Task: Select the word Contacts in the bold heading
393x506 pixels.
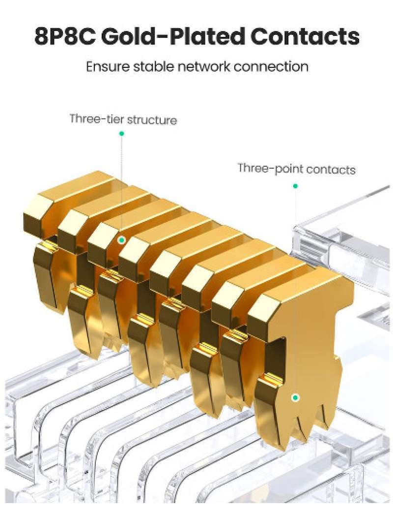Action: coord(304,37)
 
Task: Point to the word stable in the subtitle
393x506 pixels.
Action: coord(150,66)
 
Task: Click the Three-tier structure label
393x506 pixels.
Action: coord(123,119)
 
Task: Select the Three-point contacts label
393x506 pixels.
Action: coord(296,169)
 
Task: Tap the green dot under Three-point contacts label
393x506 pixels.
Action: coord(295,186)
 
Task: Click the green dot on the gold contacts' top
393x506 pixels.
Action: coord(121,240)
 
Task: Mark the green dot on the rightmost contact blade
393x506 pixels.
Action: coord(295,397)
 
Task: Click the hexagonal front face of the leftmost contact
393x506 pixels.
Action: coord(36,216)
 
